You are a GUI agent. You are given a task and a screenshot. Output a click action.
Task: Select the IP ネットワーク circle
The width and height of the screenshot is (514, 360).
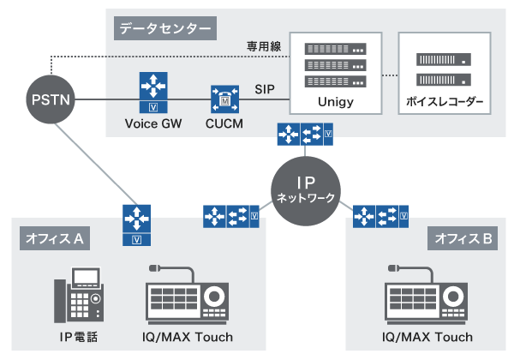pos(306,190)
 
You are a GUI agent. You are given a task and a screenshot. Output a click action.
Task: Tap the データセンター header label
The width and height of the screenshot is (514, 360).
pos(164,28)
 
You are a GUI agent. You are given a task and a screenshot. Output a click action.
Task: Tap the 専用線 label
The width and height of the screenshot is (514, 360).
pos(265,45)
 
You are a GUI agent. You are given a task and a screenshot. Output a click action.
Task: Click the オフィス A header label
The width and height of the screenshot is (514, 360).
pos(52,239)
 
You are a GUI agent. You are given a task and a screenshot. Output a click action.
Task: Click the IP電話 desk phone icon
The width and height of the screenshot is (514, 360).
pos(81,296)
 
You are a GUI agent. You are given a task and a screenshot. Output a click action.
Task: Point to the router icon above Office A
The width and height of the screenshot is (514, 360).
pos(136,223)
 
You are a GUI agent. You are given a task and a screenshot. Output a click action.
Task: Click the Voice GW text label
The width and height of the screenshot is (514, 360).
pos(152,124)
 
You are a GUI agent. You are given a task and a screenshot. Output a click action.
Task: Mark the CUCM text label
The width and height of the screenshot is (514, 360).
pos(224,124)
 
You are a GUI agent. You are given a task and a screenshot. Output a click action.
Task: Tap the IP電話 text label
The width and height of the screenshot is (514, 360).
pos(81,337)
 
